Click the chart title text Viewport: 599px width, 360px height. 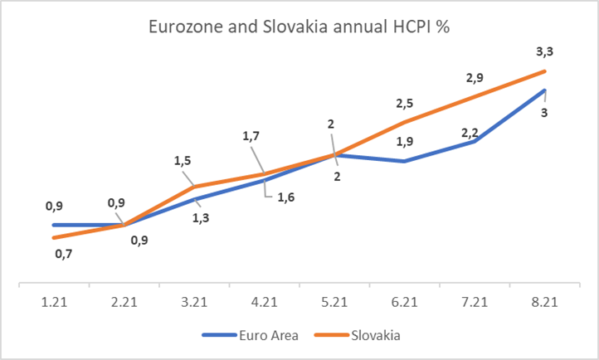299,27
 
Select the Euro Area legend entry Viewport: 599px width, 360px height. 251,335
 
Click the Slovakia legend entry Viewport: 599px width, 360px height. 358,335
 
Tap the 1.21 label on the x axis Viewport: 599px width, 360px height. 54,302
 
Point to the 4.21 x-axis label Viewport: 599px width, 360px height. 265,302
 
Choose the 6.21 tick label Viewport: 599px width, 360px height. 405,302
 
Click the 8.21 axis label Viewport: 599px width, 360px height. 545,302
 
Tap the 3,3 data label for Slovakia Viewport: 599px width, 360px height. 545,51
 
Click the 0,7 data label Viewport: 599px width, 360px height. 63,254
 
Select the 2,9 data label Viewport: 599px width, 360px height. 475,78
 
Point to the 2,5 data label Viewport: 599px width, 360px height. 405,104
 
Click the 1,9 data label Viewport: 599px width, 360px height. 405,142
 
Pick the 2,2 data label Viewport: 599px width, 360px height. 470,133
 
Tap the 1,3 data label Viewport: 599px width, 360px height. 201,218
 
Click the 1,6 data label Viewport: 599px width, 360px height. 285,197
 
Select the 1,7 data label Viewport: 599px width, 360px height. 251,136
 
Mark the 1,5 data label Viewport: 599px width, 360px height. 183,161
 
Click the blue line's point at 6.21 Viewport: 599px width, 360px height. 404,162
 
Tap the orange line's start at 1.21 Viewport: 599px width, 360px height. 54,238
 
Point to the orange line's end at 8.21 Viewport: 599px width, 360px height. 544,71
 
